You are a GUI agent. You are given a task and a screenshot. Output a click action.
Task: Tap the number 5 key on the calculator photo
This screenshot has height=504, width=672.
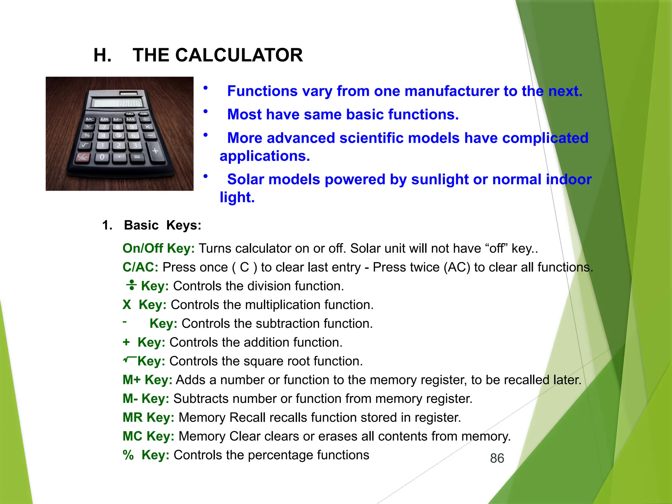click(118, 136)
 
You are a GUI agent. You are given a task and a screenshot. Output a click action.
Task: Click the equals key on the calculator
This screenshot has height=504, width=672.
click(137, 157)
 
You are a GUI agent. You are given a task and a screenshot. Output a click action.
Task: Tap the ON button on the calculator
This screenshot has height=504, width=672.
click(144, 114)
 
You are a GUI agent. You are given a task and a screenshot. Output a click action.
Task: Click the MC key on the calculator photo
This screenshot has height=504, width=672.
click(90, 119)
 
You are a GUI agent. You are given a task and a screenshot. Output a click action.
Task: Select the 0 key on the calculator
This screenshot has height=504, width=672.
click(102, 157)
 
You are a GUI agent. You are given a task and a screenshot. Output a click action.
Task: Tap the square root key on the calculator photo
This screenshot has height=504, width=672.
click(85, 145)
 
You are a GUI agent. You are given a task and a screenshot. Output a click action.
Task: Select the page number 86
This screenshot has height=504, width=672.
click(497, 458)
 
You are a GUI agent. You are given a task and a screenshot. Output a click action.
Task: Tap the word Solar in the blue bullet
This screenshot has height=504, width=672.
click(245, 179)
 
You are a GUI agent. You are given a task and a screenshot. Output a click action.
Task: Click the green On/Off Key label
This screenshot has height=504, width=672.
click(158, 248)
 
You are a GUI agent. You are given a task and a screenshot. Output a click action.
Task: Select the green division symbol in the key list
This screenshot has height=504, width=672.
click(131, 285)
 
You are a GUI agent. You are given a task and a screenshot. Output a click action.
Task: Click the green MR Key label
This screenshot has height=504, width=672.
click(148, 418)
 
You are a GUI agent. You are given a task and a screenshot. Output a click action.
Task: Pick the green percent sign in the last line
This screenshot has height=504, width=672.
click(128, 455)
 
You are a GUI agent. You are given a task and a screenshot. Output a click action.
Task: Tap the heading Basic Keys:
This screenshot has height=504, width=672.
click(162, 225)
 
